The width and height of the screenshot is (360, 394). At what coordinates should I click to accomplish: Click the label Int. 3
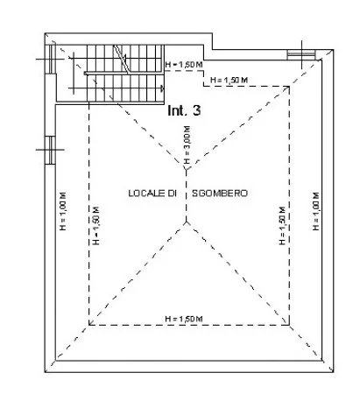[184, 110]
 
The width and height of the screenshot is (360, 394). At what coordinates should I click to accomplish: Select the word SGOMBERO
[220, 193]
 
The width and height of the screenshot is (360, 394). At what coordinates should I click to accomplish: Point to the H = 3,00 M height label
[187, 144]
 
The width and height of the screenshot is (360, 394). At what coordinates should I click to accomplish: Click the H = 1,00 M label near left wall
[63, 211]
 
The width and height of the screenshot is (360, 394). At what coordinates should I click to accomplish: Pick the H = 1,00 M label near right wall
[315, 211]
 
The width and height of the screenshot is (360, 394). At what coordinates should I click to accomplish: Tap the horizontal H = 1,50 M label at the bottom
[184, 319]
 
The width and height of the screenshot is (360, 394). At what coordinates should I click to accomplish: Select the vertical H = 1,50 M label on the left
[96, 226]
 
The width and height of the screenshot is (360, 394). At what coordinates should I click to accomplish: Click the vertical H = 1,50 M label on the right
[282, 226]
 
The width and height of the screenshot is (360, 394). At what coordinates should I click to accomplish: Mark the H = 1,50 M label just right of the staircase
[184, 65]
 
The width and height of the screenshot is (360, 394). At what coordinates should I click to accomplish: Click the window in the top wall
[301, 54]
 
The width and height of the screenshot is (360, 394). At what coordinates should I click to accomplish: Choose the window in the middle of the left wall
[50, 151]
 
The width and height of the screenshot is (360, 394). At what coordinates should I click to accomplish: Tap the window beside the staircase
[50, 59]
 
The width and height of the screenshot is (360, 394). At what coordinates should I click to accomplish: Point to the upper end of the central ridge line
[187, 169]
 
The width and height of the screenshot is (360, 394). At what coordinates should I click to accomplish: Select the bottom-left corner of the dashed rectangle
[88, 325]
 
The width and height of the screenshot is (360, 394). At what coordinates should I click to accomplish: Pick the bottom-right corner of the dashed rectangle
[289, 325]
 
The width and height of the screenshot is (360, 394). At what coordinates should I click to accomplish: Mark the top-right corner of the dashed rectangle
[289, 87]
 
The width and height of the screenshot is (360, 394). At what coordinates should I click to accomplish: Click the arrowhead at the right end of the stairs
[162, 88]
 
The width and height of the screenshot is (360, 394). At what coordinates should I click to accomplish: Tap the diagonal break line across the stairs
[121, 60]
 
